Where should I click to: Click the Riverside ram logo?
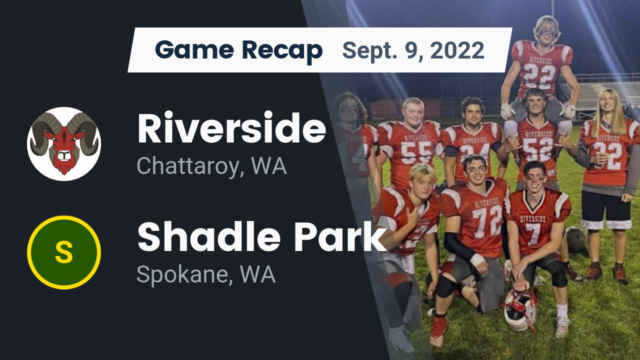(64, 144)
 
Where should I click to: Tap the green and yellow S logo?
(64, 252)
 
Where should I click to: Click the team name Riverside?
(231, 128)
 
